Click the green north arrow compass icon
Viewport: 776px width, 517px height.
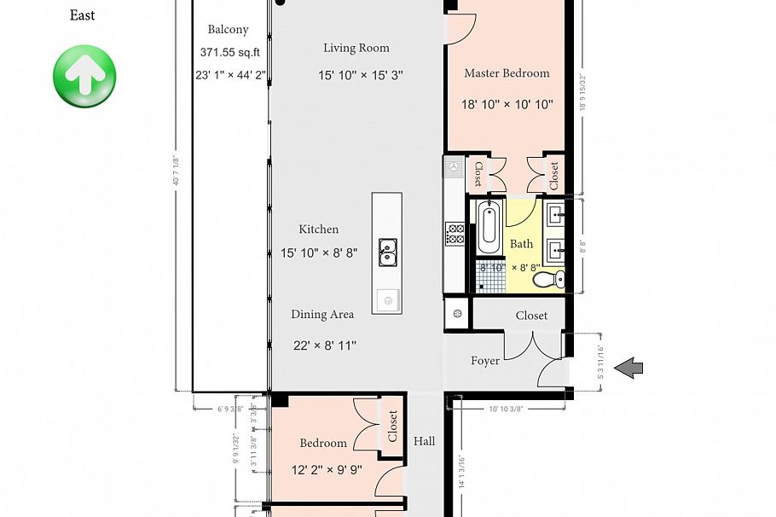click(84, 77)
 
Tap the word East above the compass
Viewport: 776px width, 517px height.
click(83, 15)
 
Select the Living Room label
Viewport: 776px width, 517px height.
click(356, 49)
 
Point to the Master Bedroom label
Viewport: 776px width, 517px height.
click(507, 73)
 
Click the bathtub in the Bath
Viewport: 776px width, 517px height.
click(489, 228)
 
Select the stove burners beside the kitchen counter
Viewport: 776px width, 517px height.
click(455, 234)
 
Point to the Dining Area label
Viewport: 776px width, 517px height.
click(322, 315)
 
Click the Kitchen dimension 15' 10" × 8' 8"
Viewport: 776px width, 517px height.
click(319, 253)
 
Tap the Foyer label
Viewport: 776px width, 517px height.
click(485, 361)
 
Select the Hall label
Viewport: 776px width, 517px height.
click(425, 441)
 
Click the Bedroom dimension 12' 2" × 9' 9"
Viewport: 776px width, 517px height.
click(323, 469)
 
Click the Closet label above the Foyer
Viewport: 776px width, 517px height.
click(531, 316)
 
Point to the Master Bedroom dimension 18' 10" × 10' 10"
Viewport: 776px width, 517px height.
click(507, 105)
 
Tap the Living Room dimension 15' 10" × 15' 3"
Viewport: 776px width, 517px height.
click(361, 75)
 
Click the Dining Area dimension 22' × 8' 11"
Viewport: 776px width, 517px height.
click(324, 346)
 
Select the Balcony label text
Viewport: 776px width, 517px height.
click(228, 30)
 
